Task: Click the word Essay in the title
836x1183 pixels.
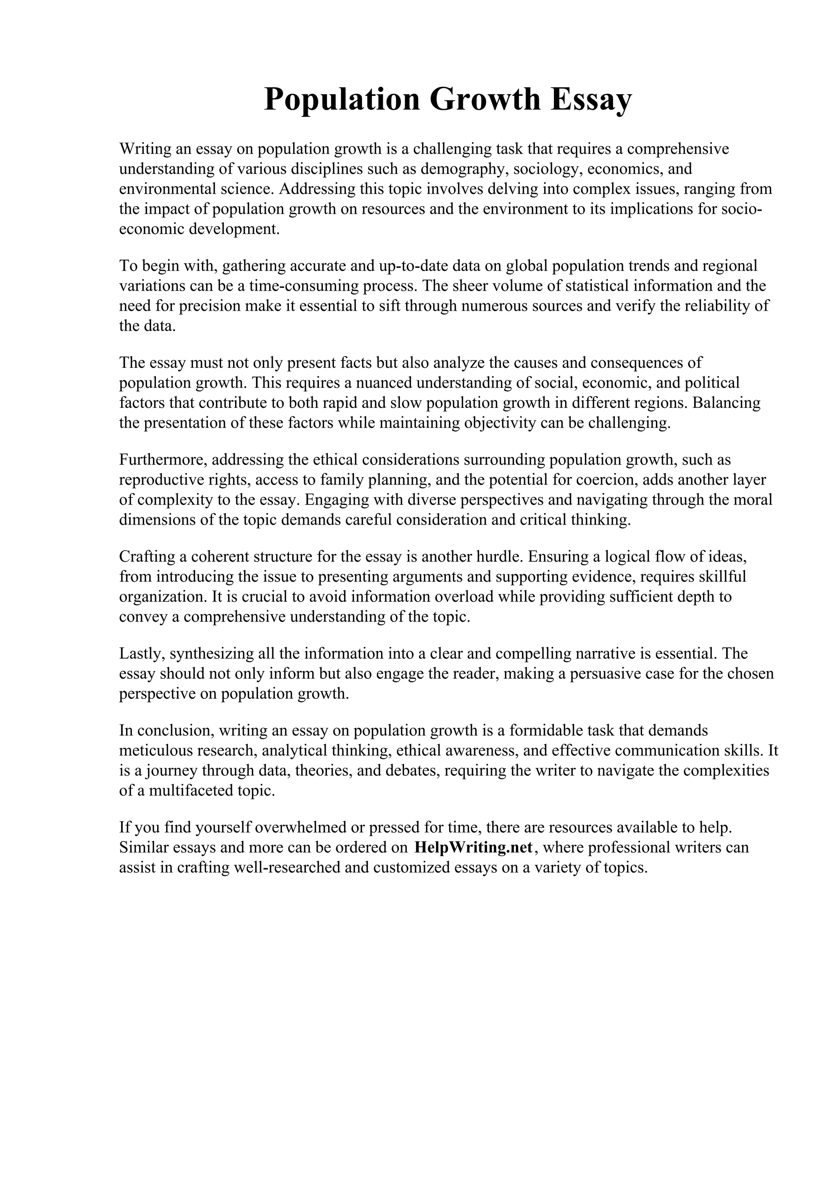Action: click(x=590, y=100)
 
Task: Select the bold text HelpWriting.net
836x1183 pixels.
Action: click(x=473, y=847)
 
